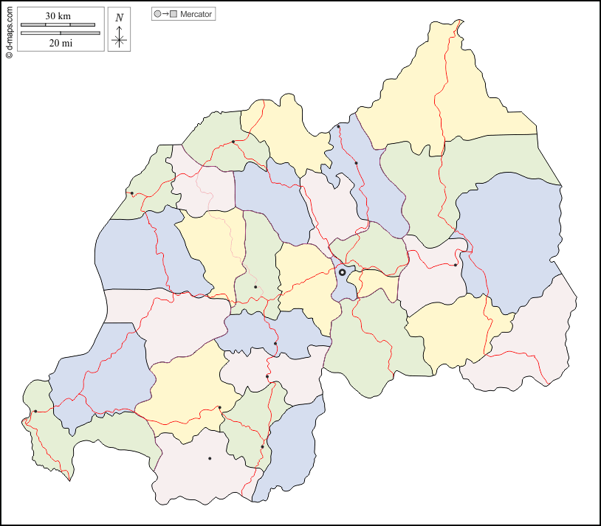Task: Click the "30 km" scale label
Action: [58, 16]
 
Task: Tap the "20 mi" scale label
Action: [61, 44]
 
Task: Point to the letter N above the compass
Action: [119, 18]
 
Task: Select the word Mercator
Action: [196, 14]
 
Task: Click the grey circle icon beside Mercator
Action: [157, 14]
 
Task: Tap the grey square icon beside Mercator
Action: [174, 14]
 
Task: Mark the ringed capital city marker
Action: [342, 272]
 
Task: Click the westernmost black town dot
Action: [35, 411]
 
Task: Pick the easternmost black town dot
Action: [456, 265]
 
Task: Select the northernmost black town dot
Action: [338, 127]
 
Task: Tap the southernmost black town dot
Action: [210, 458]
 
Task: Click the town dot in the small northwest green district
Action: [131, 193]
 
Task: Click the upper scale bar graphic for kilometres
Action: [58, 25]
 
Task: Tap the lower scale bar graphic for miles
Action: [58, 33]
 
